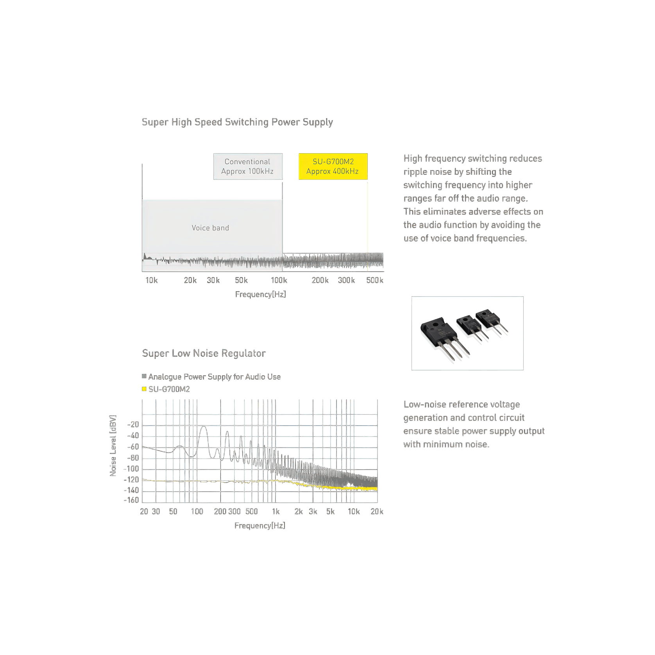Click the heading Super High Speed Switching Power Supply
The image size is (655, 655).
click(x=237, y=122)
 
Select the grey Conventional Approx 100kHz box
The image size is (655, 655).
click(x=248, y=166)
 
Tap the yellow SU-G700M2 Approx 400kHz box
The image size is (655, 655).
click(x=333, y=166)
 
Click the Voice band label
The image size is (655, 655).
click(x=210, y=228)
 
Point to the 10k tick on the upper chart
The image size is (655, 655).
click(x=152, y=280)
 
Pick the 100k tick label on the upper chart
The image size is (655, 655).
click(x=279, y=280)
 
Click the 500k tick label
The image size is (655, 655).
click(x=375, y=280)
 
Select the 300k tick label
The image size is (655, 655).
click(x=346, y=280)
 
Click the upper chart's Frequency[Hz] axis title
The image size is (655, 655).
click(x=260, y=294)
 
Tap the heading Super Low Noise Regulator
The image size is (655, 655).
click(x=204, y=353)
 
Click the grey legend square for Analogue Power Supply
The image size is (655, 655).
click(x=144, y=376)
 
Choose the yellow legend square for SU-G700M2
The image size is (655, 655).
click(x=144, y=389)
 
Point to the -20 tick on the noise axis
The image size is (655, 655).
click(x=133, y=425)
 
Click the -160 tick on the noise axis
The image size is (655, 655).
click(x=131, y=500)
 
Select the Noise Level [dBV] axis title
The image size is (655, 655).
click(x=113, y=446)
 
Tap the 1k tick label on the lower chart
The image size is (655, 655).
click(x=276, y=512)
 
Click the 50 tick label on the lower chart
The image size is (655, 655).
click(x=173, y=512)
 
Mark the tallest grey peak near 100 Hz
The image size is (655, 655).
click(x=203, y=427)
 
